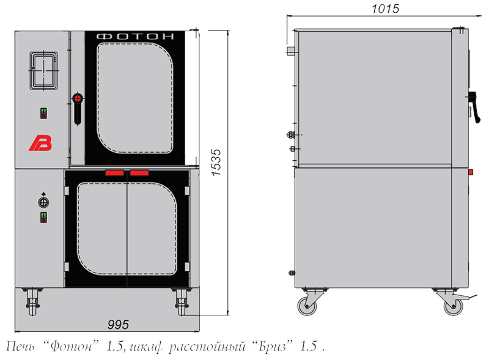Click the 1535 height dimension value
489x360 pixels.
click(216, 163)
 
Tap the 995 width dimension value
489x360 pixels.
click(118, 325)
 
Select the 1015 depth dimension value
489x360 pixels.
click(385, 9)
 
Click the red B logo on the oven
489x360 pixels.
click(41, 144)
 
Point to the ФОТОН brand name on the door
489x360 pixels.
click(135, 37)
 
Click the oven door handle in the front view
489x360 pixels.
click(78, 109)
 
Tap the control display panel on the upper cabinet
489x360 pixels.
click(43, 70)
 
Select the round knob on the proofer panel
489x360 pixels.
click(43, 202)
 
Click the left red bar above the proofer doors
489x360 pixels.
click(114, 173)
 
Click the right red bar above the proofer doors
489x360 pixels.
click(139, 173)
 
